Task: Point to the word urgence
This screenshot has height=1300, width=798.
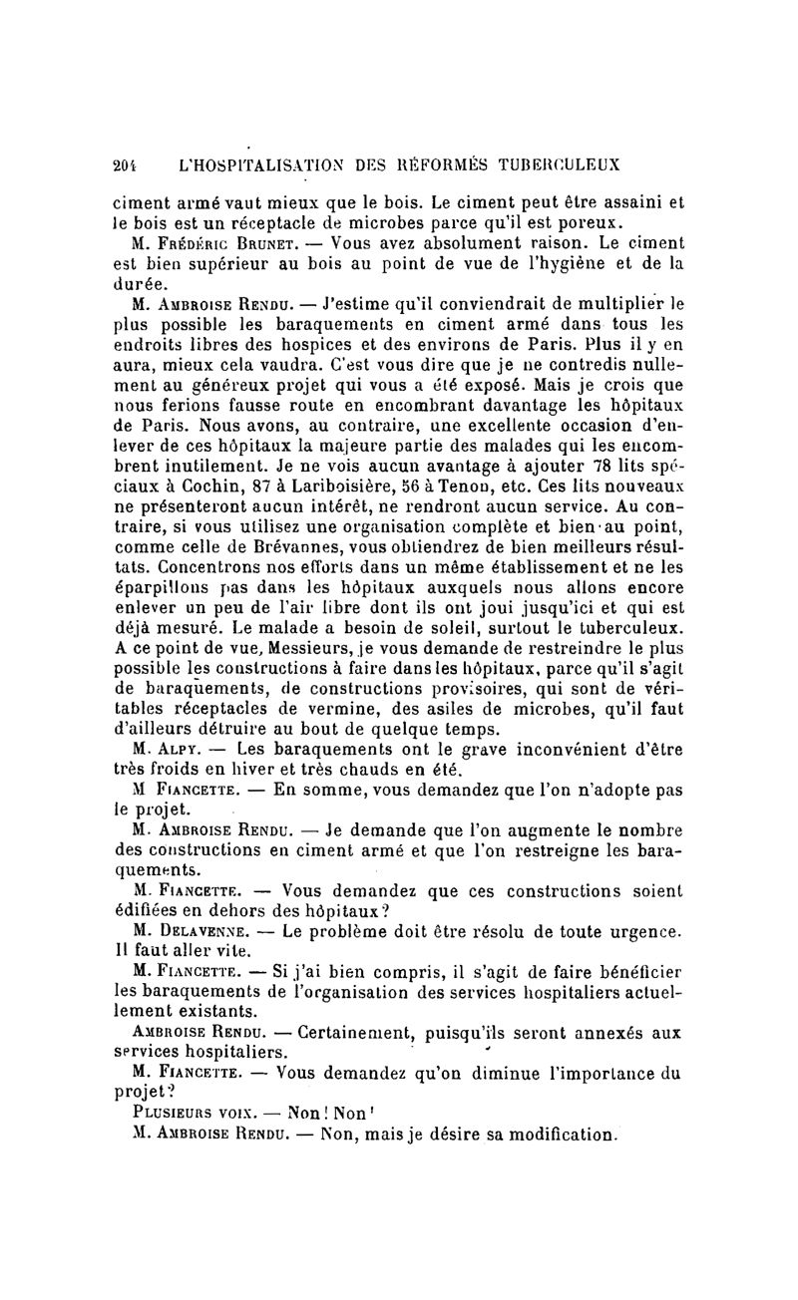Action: tap(643, 930)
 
